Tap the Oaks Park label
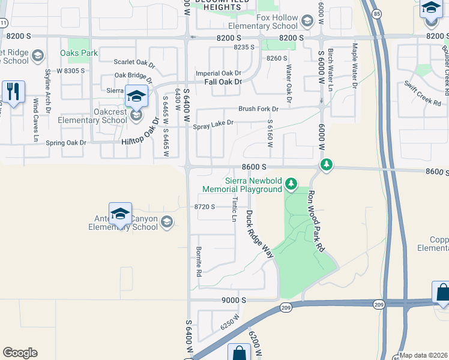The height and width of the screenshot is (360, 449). pos(79,53)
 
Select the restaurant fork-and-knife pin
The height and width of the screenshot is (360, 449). pos(13,92)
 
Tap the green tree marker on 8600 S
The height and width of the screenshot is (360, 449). pos(326,164)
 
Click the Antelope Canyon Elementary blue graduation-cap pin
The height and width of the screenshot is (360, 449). pos(121,214)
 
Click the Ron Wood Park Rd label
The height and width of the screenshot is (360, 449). pos(316,221)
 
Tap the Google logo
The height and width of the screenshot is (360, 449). pos(20,352)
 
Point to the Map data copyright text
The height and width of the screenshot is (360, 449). pos(424,355)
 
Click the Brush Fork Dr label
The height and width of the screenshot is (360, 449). pos(259,109)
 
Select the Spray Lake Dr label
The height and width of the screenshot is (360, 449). pos(212,126)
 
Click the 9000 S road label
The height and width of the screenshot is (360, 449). pos(234,299)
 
